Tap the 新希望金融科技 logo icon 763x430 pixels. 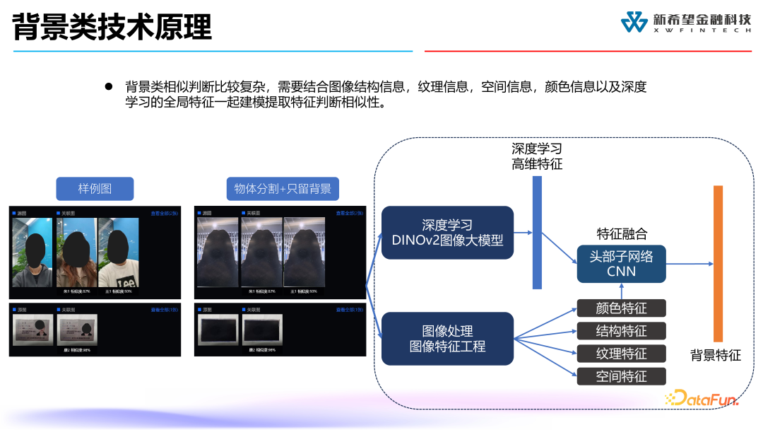(634, 22)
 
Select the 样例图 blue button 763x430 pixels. (95, 189)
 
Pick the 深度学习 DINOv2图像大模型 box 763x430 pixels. (447, 233)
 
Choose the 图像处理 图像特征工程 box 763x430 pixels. (447, 339)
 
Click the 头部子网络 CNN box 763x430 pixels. (621, 264)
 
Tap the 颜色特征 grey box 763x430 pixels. (621, 308)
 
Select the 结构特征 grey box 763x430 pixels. (621, 330)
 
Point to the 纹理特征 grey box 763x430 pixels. (621, 353)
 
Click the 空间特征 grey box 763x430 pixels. (621, 376)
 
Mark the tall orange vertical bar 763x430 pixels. (718, 263)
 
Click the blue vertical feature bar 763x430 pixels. (537, 232)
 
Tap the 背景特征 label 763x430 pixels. (716, 355)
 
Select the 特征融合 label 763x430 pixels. (622, 233)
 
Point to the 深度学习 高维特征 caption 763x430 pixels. (537, 156)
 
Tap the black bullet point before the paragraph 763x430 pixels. (109, 86)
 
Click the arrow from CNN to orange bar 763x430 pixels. (689, 264)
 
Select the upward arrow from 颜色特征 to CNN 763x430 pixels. (622, 291)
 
